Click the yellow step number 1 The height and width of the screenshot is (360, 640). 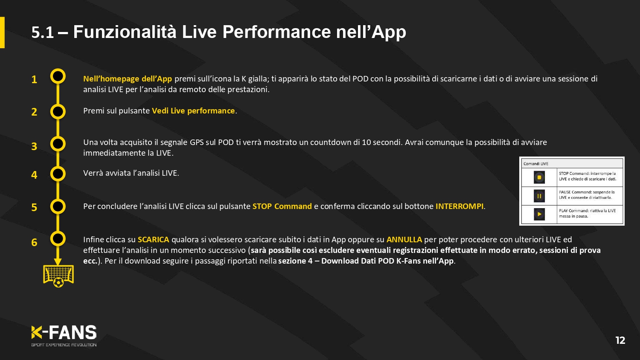click(34, 79)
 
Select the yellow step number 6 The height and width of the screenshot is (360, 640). click(34, 242)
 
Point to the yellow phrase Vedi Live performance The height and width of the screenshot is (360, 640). click(193, 111)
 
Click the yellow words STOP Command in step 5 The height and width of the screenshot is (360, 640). click(282, 206)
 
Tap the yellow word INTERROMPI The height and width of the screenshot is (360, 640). click(460, 206)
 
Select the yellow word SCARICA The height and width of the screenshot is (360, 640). click(154, 239)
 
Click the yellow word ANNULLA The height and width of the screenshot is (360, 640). click(404, 239)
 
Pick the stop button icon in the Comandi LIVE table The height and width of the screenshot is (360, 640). click(539, 177)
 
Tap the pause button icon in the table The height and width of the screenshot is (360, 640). click(539, 196)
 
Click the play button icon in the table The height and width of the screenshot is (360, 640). click(539, 214)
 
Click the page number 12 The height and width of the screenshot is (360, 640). click(620, 340)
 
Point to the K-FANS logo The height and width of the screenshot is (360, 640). click(64, 332)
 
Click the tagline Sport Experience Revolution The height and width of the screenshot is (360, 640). click(64, 345)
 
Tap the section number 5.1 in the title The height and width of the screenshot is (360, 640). click(43, 32)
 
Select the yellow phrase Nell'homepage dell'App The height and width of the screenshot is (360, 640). click(128, 79)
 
